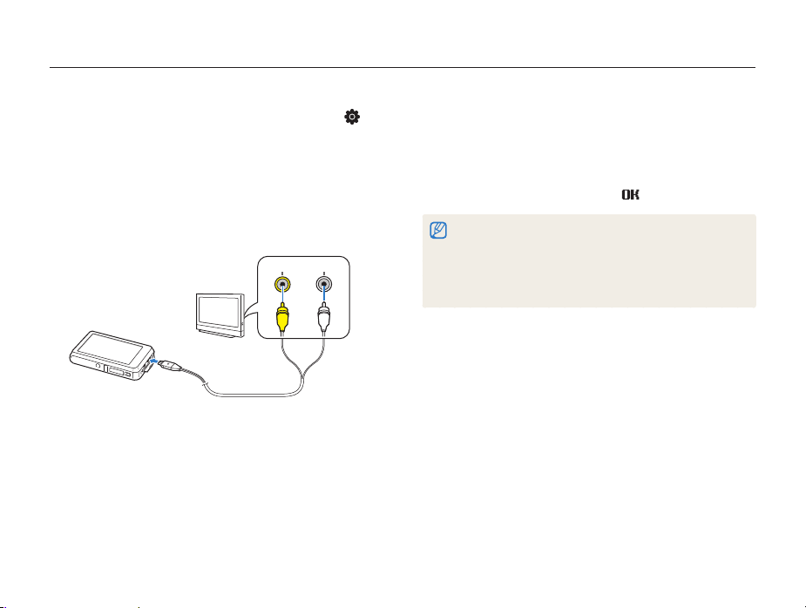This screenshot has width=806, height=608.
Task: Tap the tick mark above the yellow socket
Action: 281,271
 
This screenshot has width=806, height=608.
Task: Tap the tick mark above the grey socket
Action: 323,271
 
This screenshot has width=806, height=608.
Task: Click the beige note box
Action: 589,260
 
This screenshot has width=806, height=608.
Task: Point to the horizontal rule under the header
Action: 403,67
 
